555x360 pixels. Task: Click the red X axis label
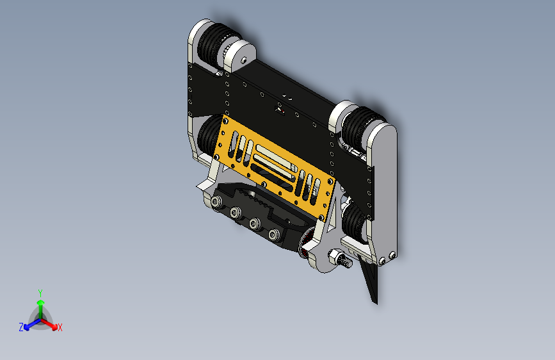[x=60, y=327]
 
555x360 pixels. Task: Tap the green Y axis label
[x=40, y=293]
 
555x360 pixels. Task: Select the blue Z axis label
[x=21, y=327]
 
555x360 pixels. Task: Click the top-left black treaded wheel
[x=215, y=45]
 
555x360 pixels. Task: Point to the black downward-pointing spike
[x=370, y=279]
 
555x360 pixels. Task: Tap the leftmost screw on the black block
[x=216, y=202]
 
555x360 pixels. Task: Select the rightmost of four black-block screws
[x=273, y=234]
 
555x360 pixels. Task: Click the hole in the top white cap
[x=244, y=61]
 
